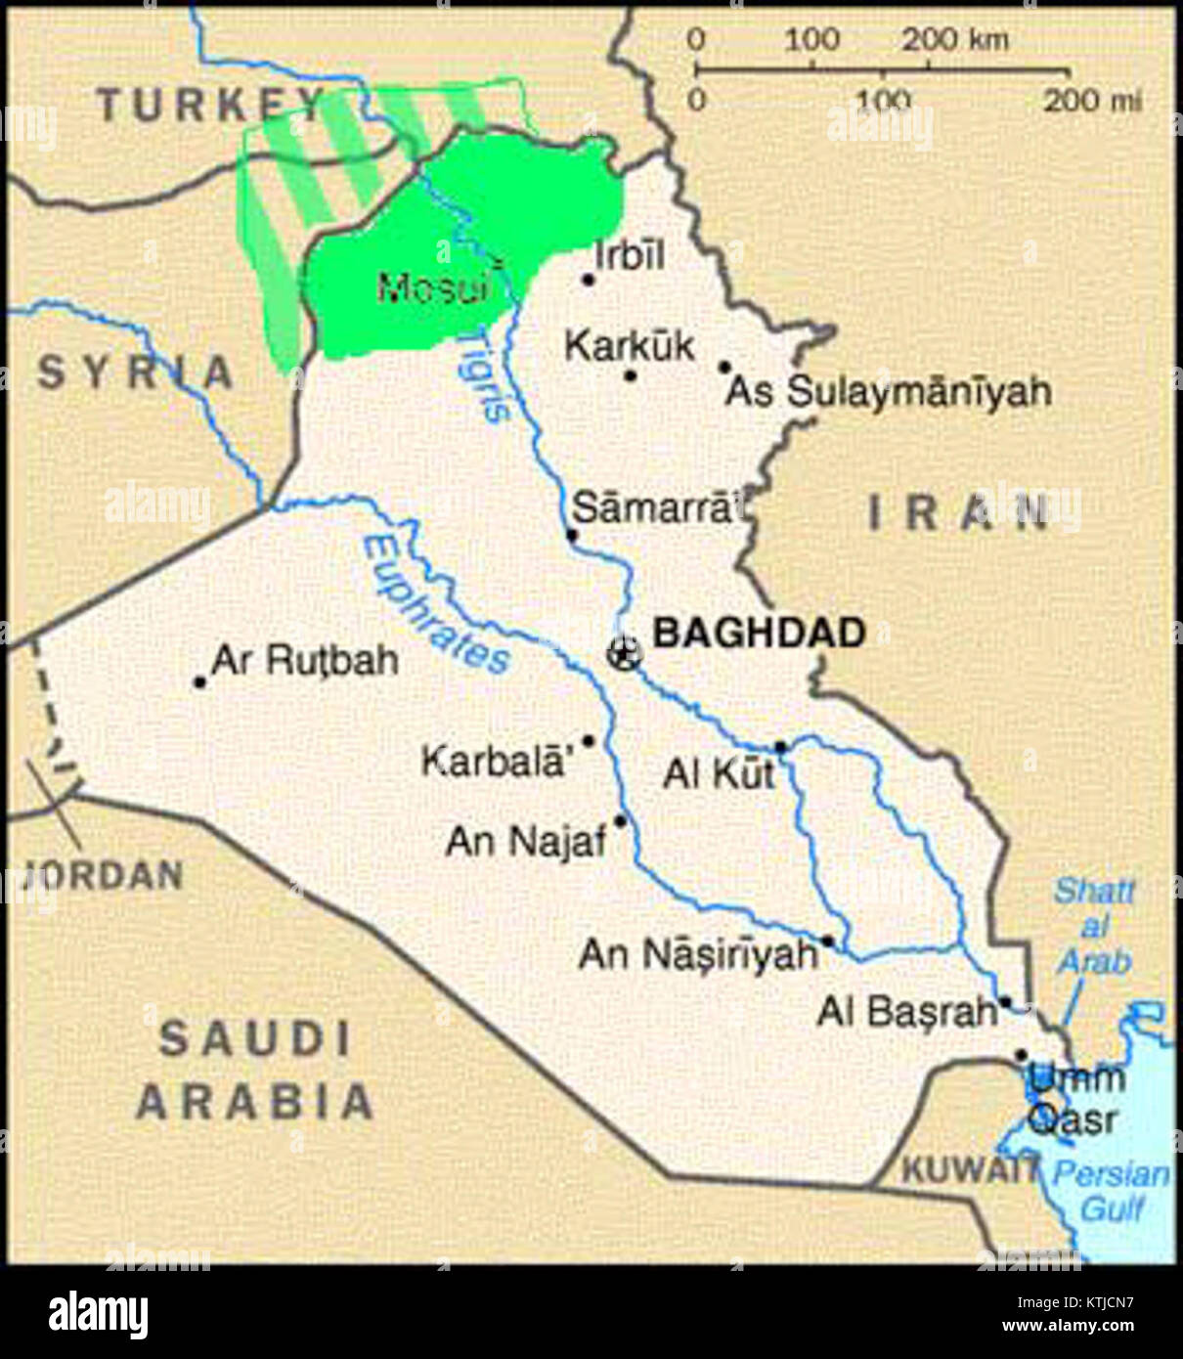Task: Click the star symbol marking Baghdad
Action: click(624, 652)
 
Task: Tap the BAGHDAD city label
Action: click(759, 633)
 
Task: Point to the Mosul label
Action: click(432, 288)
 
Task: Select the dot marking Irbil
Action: click(589, 280)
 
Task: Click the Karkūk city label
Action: click(630, 345)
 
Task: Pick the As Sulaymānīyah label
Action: click(888, 392)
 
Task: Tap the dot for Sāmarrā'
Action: click(572, 535)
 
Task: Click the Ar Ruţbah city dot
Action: click(200, 682)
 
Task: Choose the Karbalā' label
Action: click(494, 761)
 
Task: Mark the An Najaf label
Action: click(526, 841)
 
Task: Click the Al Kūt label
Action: click(719, 773)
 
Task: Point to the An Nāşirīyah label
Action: click(697, 954)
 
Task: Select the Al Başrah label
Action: click(906, 1012)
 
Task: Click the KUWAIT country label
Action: click(967, 1169)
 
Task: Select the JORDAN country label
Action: click(103, 874)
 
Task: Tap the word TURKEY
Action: click(210, 105)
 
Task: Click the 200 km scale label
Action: click(954, 40)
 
